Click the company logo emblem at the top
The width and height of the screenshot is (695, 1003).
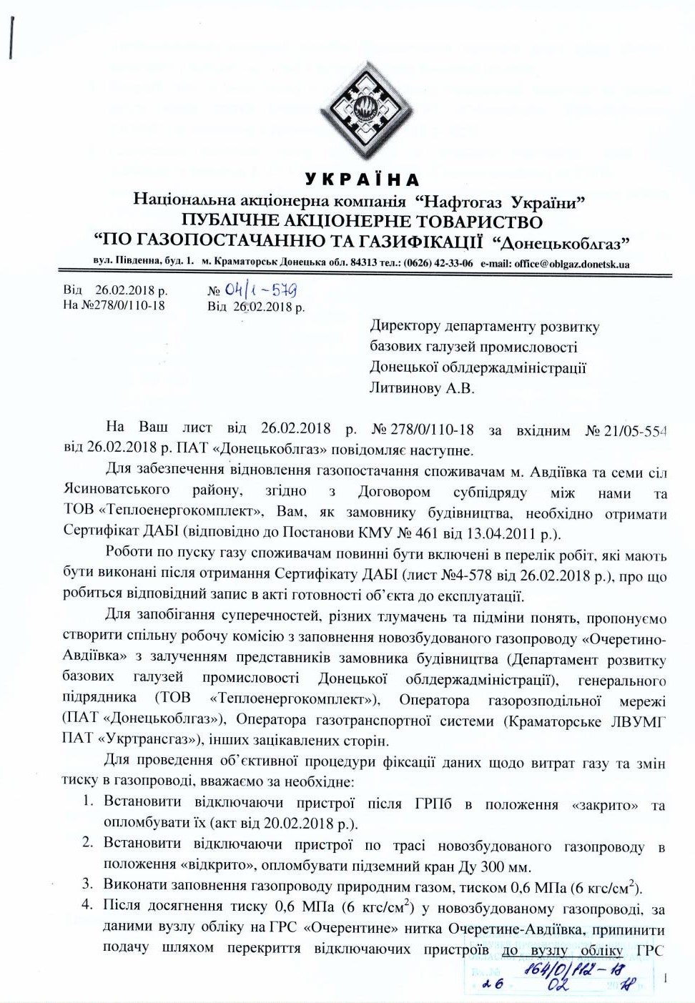[365, 110]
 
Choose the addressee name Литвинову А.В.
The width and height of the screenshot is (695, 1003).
[422, 388]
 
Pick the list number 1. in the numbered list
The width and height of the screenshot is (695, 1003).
[87, 801]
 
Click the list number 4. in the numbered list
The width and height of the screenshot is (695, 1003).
[87, 904]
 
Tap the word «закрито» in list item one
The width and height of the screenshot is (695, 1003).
[605, 804]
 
